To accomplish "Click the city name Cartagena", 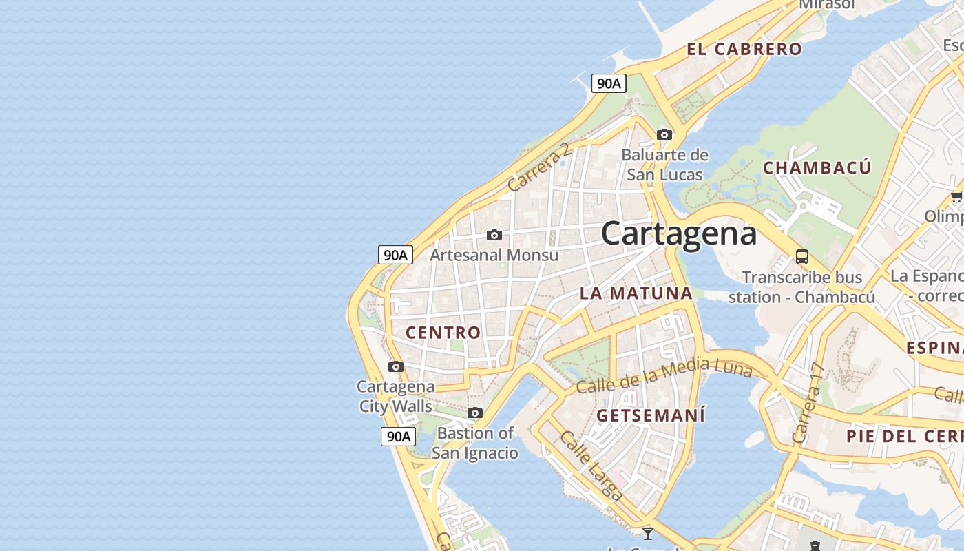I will pyautogui.click(x=679, y=233).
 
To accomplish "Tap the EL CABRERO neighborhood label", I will pyautogui.click(x=744, y=49).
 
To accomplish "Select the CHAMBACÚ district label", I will pyautogui.click(x=817, y=167).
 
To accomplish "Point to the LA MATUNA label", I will pyautogui.click(x=636, y=293).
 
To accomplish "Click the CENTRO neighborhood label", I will pyautogui.click(x=443, y=333).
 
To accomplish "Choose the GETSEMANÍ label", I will pyautogui.click(x=651, y=415).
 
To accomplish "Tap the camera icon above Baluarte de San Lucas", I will pyautogui.click(x=664, y=134).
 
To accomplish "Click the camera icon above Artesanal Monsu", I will pyautogui.click(x=494, y=235).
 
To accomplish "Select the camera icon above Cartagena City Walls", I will pyautogui.click(x=395, y=366).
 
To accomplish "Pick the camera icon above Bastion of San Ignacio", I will pyautogui.click(x=474, y=413).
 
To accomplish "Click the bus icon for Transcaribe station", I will pyautogui.click(x=801, y=257).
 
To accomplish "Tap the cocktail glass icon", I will pyautogui.click(x=647, y=532).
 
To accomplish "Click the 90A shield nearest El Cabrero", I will pyautogui.click(x=609, y=83).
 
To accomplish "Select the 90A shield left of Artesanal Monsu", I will pyautogui.click(x=395, y=255).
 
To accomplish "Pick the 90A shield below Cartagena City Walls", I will pyautogui.click(x=398, y=436).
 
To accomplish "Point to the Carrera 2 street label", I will pyautogui.click(x=539, y=167).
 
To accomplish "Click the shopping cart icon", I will pyautogui.click(x=956, y=197).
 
